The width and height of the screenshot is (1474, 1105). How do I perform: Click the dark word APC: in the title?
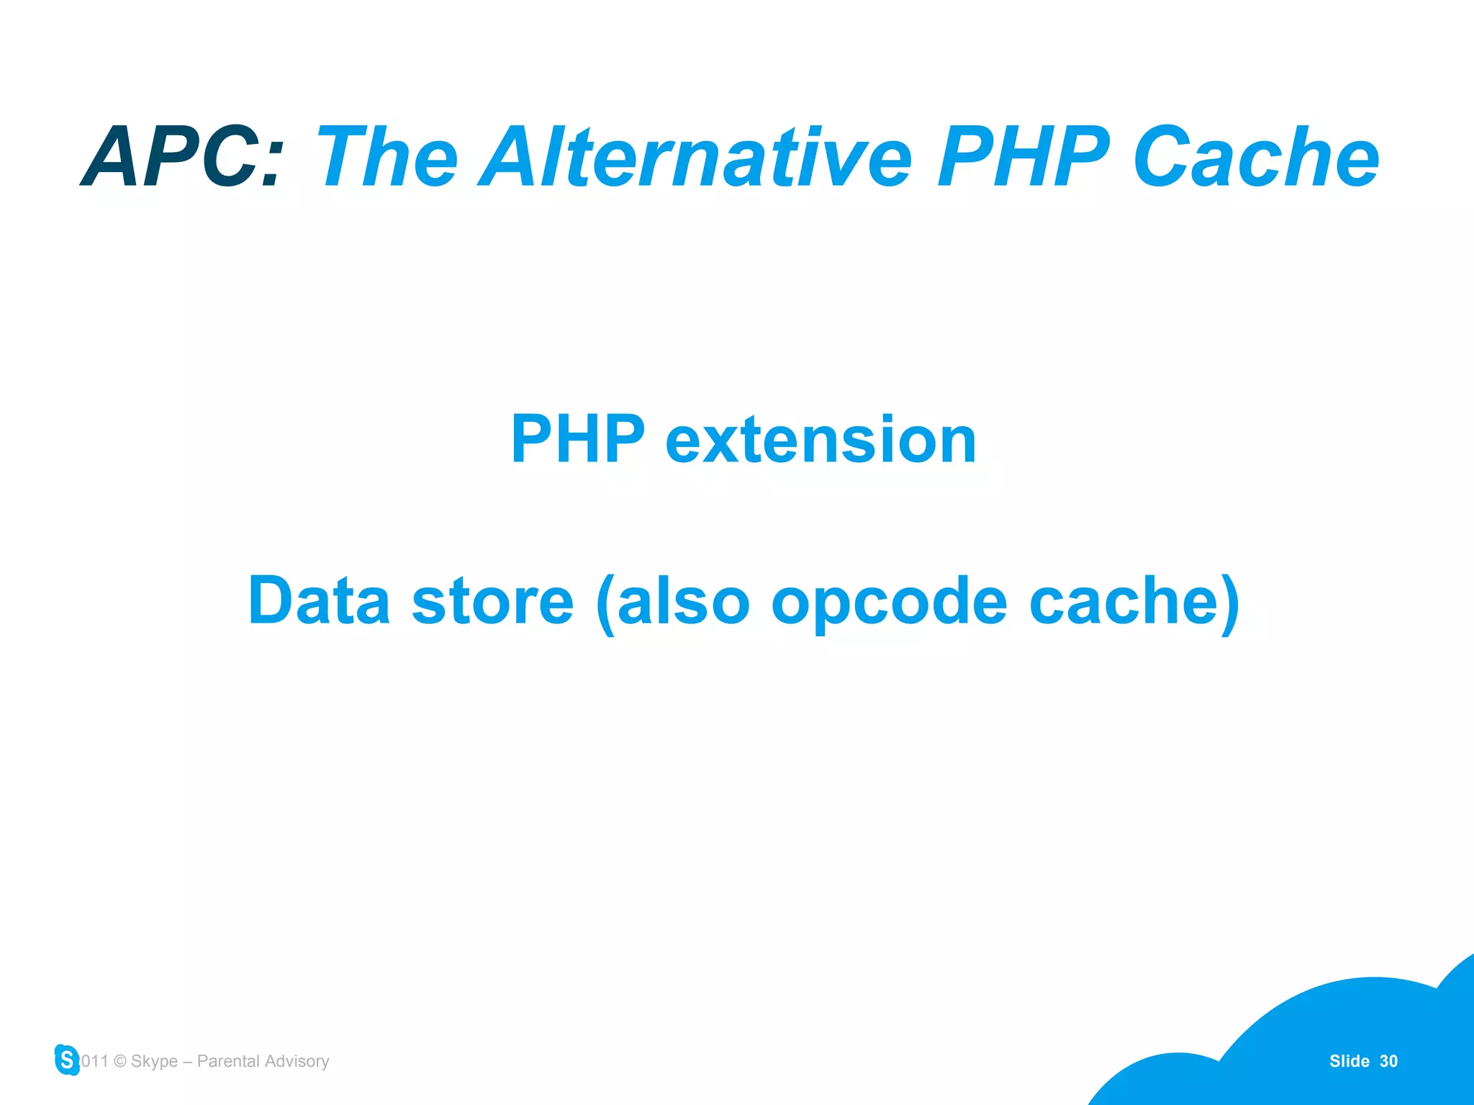tap(183, 157)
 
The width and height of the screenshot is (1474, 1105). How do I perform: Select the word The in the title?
tap(386, 157)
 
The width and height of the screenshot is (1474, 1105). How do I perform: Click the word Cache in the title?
tap(1256, 157)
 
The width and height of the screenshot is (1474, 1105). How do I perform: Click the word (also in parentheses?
tap(673, 602)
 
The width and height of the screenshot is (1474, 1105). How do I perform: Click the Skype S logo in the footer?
tap(67, 1060)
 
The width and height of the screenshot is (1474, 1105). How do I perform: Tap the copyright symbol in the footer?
tap(120, 1061)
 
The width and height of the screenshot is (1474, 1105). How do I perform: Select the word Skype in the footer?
tap(154, 1061)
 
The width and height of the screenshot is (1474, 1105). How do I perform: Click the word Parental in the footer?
tap(228, 1061)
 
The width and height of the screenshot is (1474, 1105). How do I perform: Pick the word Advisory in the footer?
tap(297, 1061)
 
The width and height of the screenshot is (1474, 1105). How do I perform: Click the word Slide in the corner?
tap(1349, 1061)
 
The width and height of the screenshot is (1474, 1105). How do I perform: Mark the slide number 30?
tap(1388, 1061)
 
